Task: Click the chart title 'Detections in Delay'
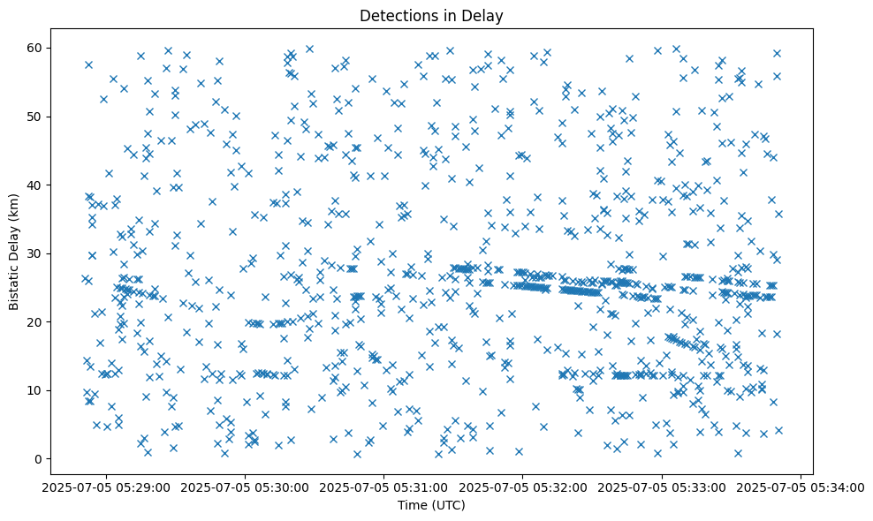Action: point(431,15)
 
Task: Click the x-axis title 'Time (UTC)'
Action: point(431,506)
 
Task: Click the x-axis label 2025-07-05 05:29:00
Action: point(106,487)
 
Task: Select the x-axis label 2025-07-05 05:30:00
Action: point(246,487)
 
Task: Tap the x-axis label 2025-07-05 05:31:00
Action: point(384,487)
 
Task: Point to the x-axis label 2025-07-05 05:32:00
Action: point(523,487)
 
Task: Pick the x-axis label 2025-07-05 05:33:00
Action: point(662,487)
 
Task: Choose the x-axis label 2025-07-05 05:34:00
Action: point(801,487)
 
